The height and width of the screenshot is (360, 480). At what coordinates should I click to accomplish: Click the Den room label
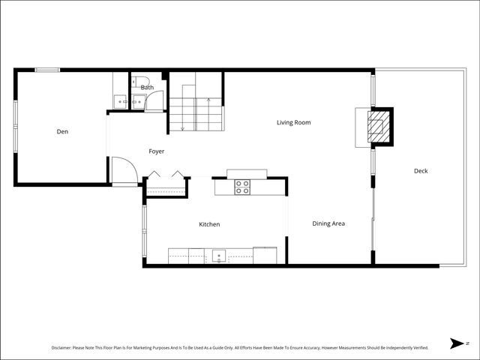(x=63, y=132)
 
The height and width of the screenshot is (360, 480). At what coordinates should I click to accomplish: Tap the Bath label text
(x=147, y=88)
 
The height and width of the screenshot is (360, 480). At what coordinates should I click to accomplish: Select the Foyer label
(x=156, y=151)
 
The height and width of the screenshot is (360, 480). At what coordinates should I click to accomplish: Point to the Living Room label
(x=293, y=122)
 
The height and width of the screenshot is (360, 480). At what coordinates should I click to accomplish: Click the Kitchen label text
(x=209, y=224)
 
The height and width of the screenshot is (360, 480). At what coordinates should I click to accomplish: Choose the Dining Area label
(x=328, y=223)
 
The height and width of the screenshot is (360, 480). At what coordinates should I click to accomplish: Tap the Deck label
(x=421, y=171)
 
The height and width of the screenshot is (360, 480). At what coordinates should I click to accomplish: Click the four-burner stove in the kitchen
(x=241, y=187)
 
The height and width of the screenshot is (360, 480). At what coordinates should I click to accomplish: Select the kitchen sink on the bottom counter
(x=218, y=256)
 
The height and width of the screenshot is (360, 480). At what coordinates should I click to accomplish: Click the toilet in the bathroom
(x=139, y=81)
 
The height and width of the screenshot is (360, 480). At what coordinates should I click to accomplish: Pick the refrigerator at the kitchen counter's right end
(x=265, y=256)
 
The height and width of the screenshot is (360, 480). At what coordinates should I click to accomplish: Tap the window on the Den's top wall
(x=47, y=70)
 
